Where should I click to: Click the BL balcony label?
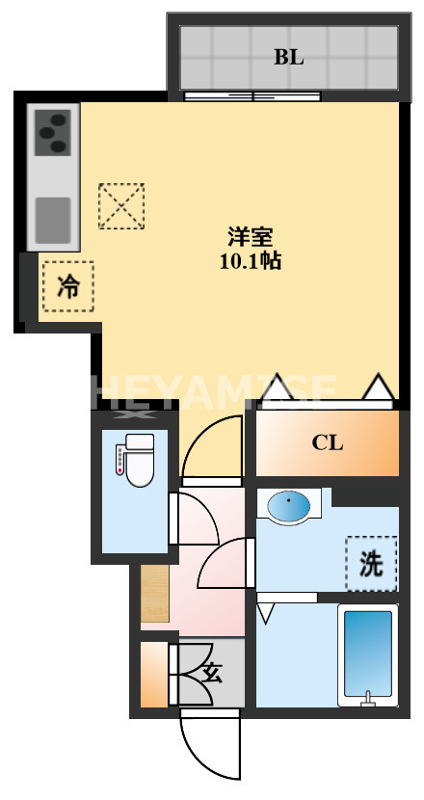(x=288, y=57)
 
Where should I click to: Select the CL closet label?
(x=327, y=443)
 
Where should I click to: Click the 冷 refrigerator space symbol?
(x=67, y=286)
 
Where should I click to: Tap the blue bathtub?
(x=367, y=652)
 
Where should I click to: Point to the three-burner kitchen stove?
(x=54, y=133)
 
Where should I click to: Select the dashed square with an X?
(x=121, y=206)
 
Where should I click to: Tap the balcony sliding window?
(x=253, y=95)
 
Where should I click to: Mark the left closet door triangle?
(x=278, y=388)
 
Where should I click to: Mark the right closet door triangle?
(x=378, y=387)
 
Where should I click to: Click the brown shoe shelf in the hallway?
(x=154, y=593)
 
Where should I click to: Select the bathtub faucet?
(x=367, y=699)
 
